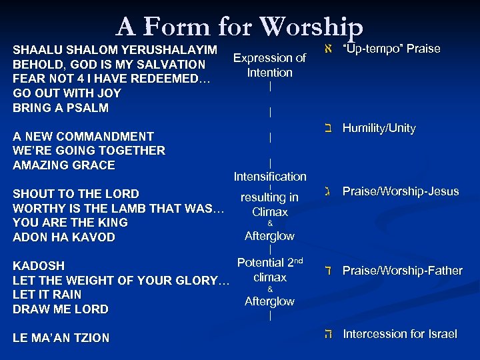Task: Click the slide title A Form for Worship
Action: tap(239, 27)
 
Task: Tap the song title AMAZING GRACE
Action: tap(64, 165)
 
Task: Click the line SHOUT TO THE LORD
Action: tap(76, 194)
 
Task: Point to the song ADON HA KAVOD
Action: tap(64, 237)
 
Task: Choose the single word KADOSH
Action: tap(39, 266)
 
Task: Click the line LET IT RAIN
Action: tap(47, 295)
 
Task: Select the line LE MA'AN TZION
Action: tap(61, 338)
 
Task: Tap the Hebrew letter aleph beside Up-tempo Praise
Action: tap(326, 49)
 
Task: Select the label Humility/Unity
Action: tap(379, 128)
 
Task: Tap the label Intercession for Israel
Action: tap(399, 334)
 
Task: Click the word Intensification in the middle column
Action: tap(270, 177)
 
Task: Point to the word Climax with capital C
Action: tap(270, 212)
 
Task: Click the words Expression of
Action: tap(269, 58)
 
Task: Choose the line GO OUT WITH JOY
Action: tap(67, 93)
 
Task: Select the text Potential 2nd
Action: tap(270, 263)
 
